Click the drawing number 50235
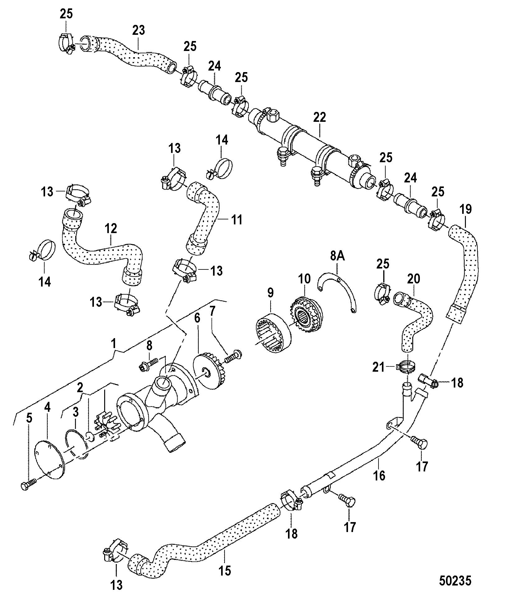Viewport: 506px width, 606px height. pyautogui.click(x=455, y=581)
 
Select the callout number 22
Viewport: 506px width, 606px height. pyautogui.click(x=319, y=117)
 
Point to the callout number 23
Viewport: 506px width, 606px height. pyautogui.click(x=138, y=30)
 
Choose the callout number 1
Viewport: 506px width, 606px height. pyautogui.click(x=114, y=344)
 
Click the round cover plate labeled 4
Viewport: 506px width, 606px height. pyautogui.click(x=50, y=455)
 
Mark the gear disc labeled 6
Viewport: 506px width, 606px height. pyautogui.click(x=209, y=372)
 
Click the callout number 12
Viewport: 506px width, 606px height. pyautogui.click(x=111, y=229)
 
